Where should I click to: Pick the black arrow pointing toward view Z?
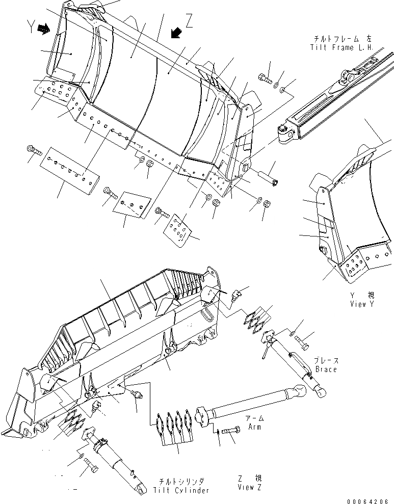pos(176,33)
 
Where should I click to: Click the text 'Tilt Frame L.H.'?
pos(342,47)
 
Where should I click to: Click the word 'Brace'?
pos(326,369)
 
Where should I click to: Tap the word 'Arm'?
pos(253,427)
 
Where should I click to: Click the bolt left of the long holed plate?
pos(33,150)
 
